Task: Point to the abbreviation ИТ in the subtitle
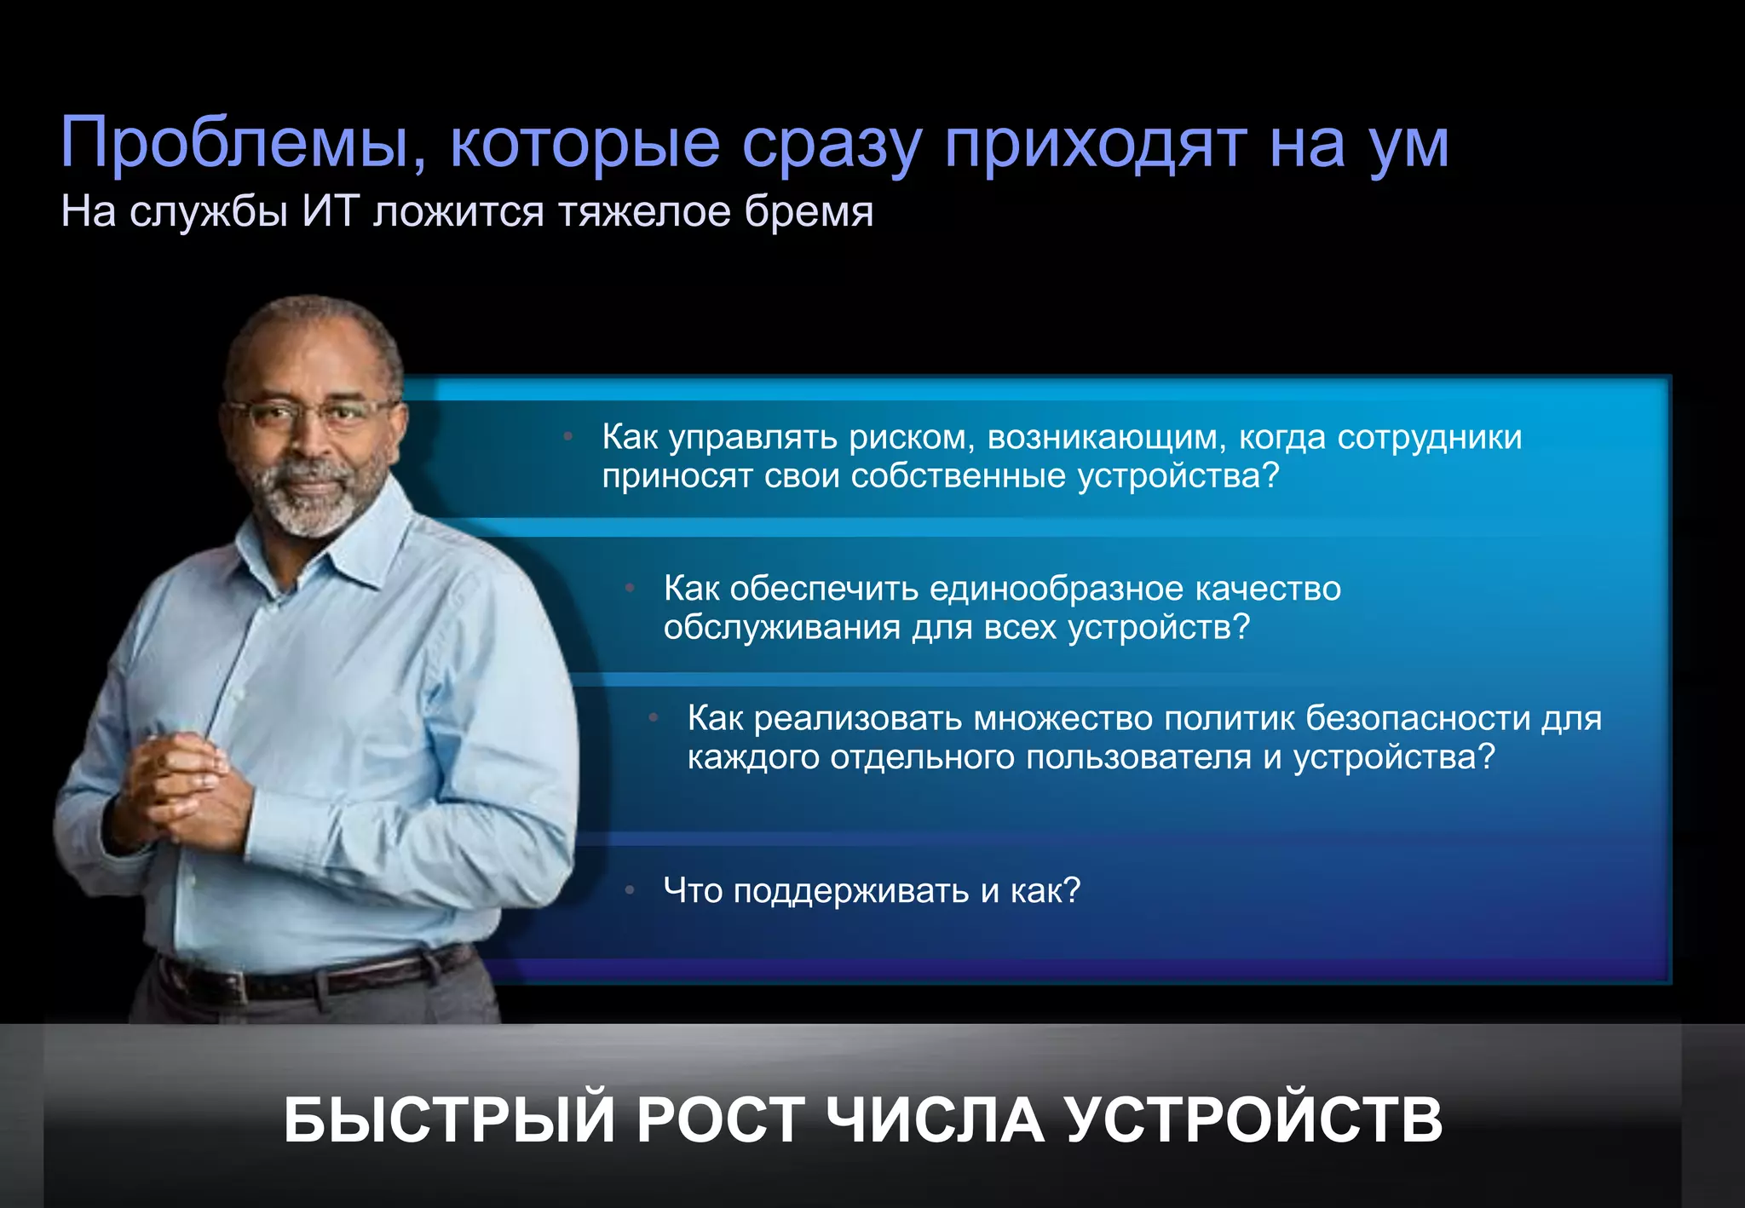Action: pos(330,212)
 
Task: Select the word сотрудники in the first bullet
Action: pos(1429,438)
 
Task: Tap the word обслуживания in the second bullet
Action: pos(781,628)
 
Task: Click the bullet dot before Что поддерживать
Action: pos(630,890)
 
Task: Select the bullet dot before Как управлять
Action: pos(567,436)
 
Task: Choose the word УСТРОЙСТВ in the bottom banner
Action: pos(1254,1119)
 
